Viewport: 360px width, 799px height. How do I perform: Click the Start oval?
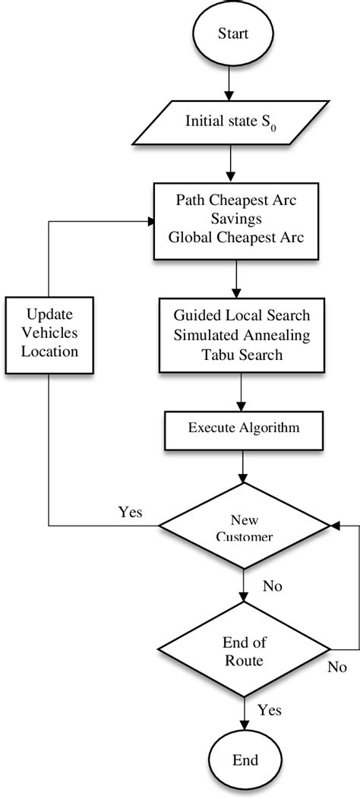(232, 34)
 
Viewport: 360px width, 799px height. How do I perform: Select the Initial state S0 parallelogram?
(232, 122)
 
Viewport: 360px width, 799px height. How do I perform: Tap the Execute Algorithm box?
(243, 428)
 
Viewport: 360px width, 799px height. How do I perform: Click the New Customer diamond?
(243, 526)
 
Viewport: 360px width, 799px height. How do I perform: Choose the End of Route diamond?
(243, 652)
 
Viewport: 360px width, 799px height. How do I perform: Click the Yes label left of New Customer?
(129, 511)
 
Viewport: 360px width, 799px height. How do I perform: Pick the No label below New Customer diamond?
(273, 586)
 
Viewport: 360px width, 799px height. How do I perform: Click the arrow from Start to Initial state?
(232, 85)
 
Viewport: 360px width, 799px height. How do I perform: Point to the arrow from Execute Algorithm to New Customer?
(243, 463)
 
